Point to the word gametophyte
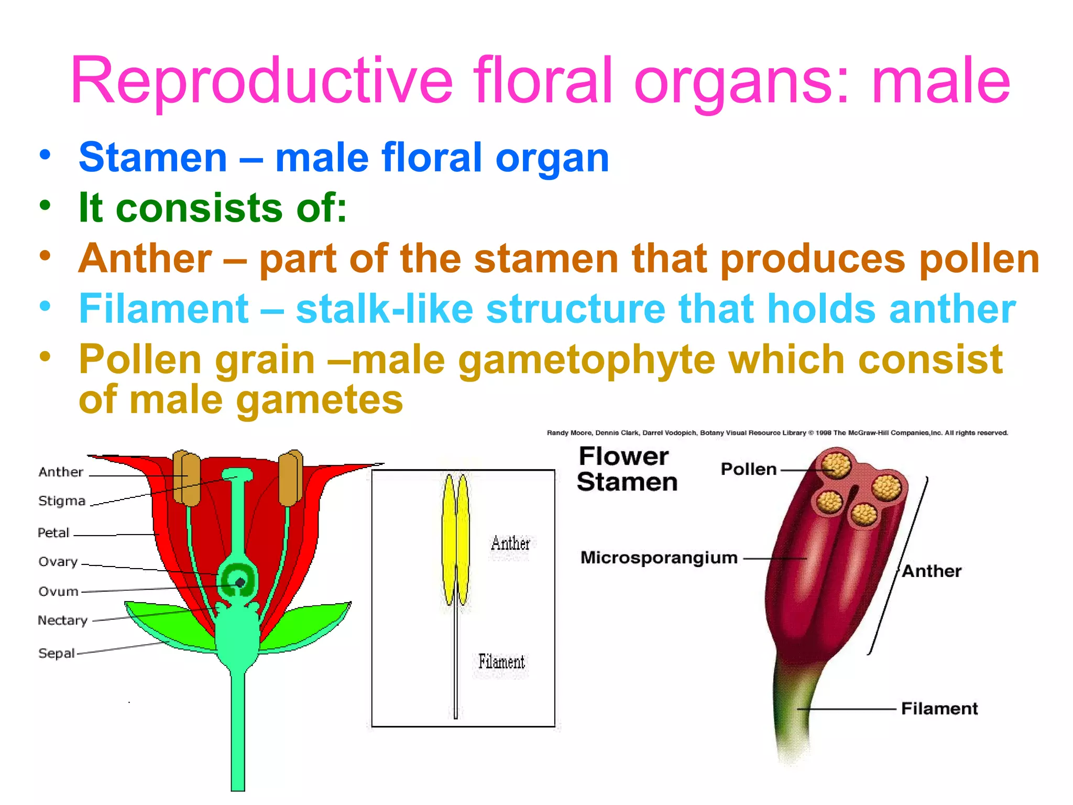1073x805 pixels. [586, 360]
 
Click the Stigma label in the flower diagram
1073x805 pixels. [62, 501]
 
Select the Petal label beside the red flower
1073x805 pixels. [53, 533]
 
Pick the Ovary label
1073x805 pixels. [58, 562]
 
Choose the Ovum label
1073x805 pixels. [58, 592]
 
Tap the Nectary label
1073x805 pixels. [62, 621]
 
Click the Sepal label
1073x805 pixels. [57, 654]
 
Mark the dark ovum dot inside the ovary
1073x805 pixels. [240, 582]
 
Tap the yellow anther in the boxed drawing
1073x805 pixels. [456, 540]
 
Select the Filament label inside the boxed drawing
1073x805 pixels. [501, 662]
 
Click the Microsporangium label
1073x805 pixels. [659, 558]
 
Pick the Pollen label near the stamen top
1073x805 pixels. [748, 469]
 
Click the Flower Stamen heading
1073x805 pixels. [626, 469]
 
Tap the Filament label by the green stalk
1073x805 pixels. [939, 709]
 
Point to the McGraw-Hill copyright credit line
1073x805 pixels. [777, 433]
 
